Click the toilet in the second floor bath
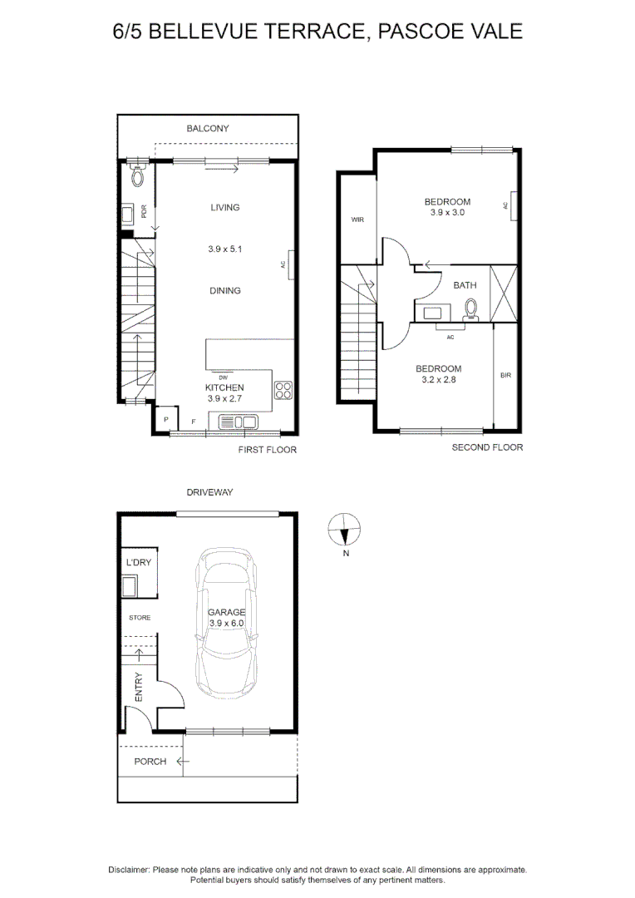pyautogui.click(x=472, y=310)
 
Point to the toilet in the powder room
pyautogui.click(x=139, y=175)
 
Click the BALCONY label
pyautogui.click(x=207, y=129)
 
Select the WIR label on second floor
pyautogui.click(x=357, y=220)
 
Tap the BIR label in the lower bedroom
pyautogui.click(x=505, y=376)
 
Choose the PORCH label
pyautogui.click(x=150, y=762)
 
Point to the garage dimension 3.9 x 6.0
pyautogui.click(x=226, y=623)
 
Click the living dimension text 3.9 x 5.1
pyautogui.click(x=224, y=249)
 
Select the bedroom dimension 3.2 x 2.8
pyautogui.click(x=438, y=379)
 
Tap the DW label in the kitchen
pyautogui.click(x=223, y=378)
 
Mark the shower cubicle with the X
pyautogui.click(x=504, y=293)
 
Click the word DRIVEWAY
pyautogui.click(x=209, y=492)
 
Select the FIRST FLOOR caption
pyautogui.click(x=267, y=450)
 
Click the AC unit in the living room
pyautogui.click(x=289, y=265)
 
